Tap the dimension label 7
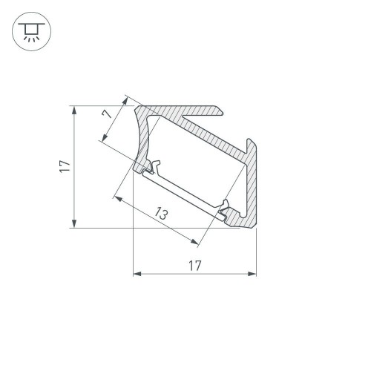pyautogui.click(x=108, y=114)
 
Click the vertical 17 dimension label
pyautogui.click(x=65, y=167)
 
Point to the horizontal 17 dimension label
pyautogui.click(x=194, y=265)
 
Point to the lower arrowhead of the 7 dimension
pyautogui.click(x=101, y=138)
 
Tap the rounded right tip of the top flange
pyautogui.click(x=222, y=111)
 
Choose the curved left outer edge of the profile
pyautogui.click(x=139, y=134)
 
